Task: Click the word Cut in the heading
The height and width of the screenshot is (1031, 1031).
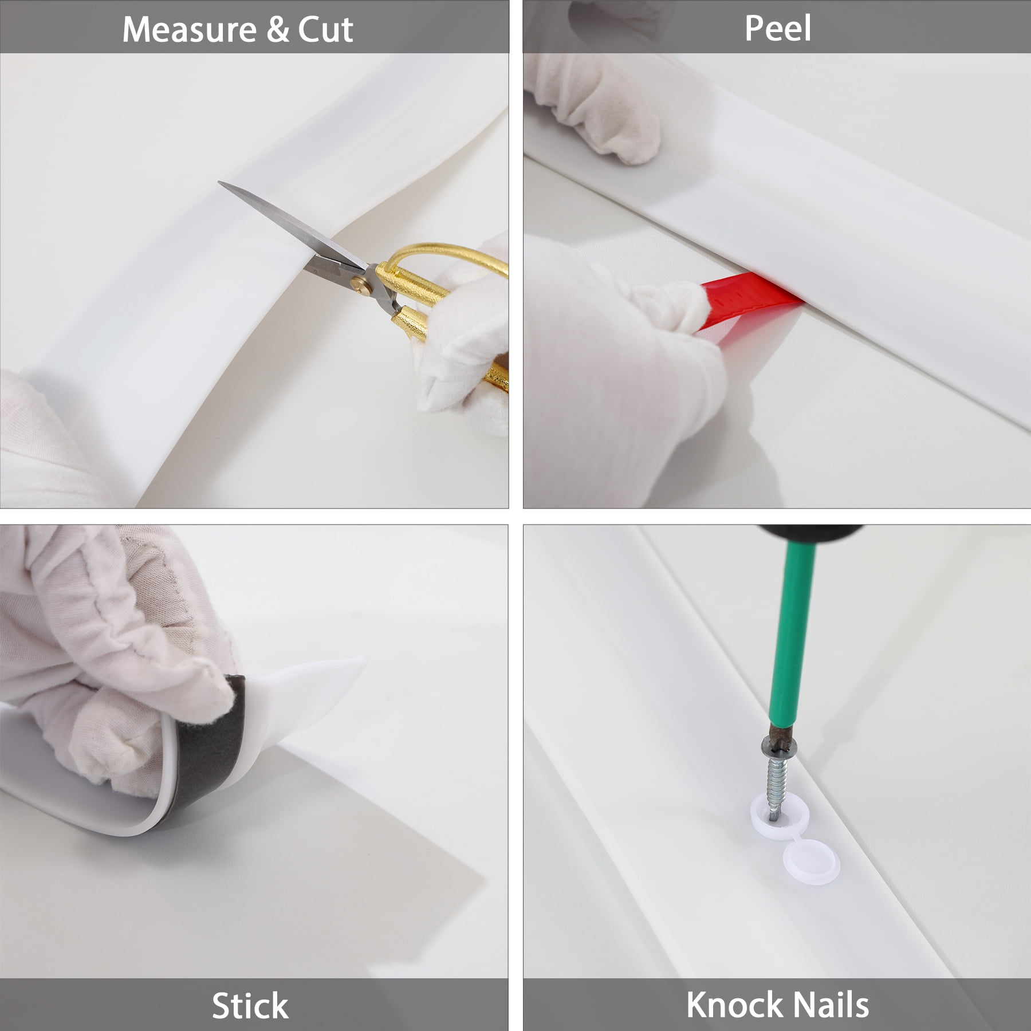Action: pyautogui.click(x=325, y=30)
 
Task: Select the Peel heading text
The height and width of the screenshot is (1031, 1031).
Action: pyautogui.click(x=777, y=29)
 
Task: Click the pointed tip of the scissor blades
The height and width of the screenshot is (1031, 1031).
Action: pyautogui.click(x=219, y=183)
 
